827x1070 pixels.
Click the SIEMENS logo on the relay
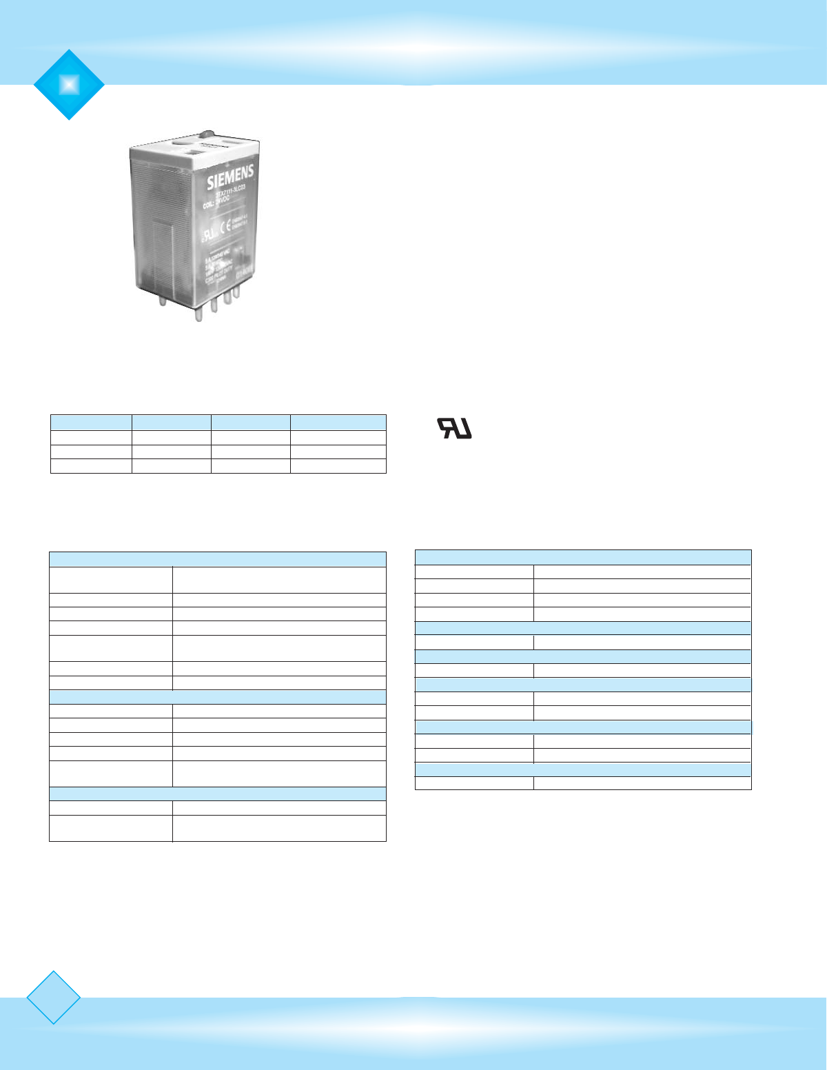point(230,177)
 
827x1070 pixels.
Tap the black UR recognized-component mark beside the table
point(455,429)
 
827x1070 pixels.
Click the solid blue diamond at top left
point(69,85)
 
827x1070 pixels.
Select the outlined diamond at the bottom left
point(53,997)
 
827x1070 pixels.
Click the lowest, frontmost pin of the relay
point(199,313)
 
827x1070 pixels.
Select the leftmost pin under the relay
point(163,301)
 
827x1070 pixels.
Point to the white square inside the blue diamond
point(69,85)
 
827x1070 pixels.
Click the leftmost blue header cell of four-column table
point(91,423)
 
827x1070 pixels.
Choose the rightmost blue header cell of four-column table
point(338,423)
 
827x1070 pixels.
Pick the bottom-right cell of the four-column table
point(338,466)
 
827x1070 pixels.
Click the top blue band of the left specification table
point(217,559)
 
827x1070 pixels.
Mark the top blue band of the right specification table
point(582,557)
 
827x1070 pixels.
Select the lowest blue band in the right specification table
point(582,769)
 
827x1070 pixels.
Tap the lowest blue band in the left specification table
point(217,794)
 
